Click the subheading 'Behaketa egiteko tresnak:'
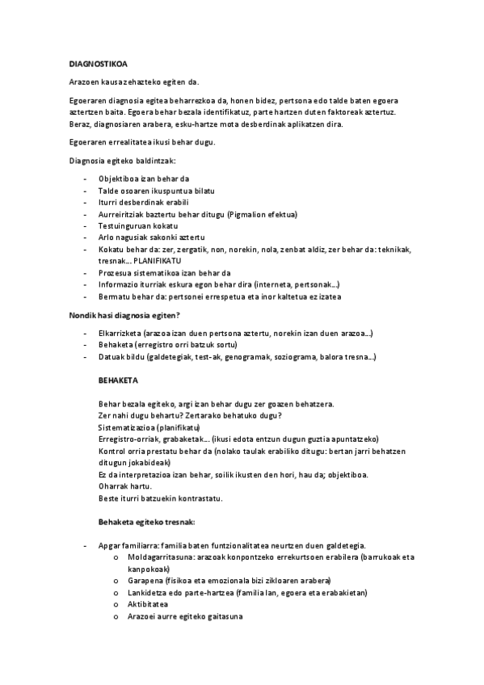click(146, 522)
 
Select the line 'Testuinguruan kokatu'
click(137, 226)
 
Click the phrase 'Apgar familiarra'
click(125, 546)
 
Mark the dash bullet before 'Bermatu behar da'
click(86, 297)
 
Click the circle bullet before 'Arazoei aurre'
click(117, 617)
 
